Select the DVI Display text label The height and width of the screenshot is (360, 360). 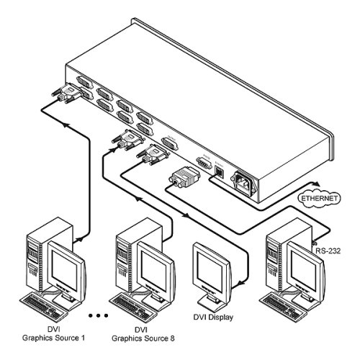tap(215, 317)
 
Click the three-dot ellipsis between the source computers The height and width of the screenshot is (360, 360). tap(98, 315)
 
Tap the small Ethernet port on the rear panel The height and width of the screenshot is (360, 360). tap(222, 172)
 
